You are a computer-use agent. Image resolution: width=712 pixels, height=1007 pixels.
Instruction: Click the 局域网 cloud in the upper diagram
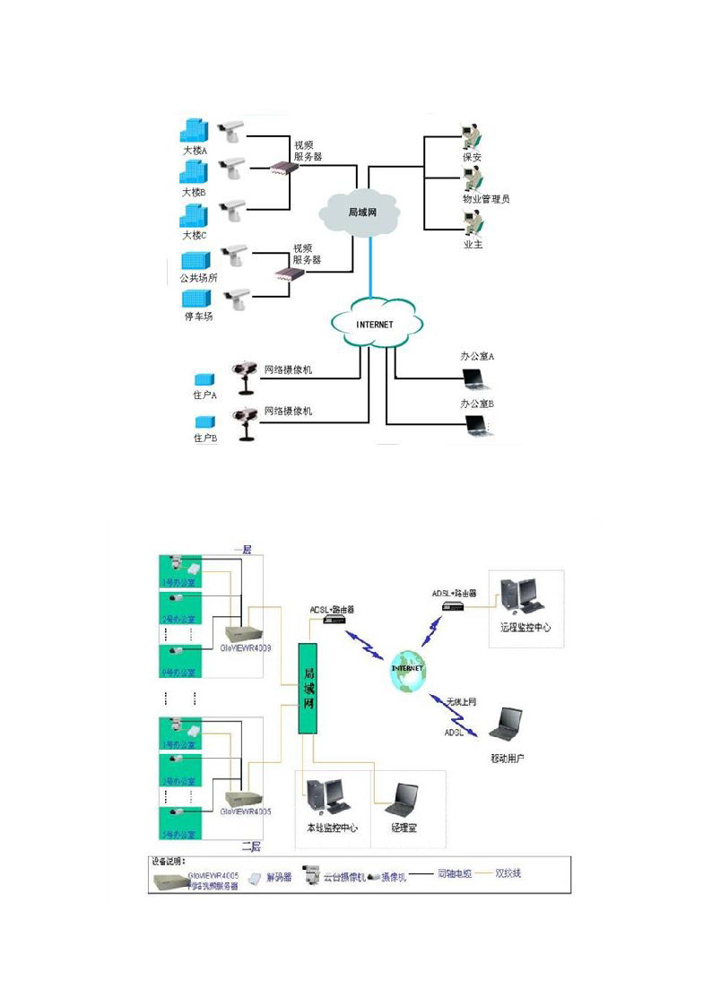[x=360, y=213]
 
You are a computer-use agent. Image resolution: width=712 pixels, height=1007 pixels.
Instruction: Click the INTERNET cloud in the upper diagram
[x=374, y=324]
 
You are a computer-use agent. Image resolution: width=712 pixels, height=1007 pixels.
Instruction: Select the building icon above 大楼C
[x=194, y=215]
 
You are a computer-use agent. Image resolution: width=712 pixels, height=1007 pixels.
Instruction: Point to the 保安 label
[x=473, y=157]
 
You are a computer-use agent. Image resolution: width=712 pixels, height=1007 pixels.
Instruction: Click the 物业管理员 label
[x=485, y=199]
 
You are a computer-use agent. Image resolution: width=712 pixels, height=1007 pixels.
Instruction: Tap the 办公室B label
[x=477, y=404]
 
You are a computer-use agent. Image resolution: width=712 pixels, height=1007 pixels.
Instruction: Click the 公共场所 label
[x=198, y=278]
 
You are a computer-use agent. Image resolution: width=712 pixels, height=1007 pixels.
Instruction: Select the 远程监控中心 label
[x=526, y=629]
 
